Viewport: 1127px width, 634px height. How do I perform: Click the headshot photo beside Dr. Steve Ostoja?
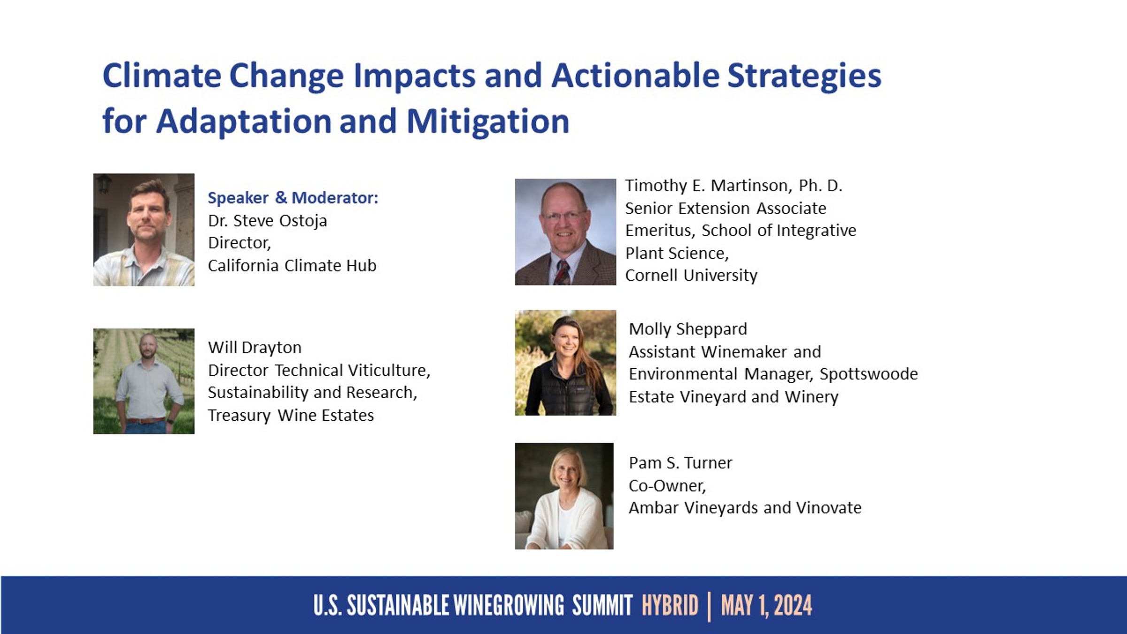tap(144, 230)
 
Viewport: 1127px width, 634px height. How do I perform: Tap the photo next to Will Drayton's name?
tap(144, 381)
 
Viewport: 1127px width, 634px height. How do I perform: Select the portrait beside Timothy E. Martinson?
tap(565, 232)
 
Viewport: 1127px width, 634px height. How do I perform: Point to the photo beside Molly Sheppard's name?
tap(565, 363)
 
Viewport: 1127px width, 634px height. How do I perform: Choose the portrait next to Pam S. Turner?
tap(564, 496)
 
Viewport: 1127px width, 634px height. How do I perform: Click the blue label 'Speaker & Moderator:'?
tap(293, 198)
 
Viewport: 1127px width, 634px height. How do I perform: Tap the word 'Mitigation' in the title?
tap(488, 121)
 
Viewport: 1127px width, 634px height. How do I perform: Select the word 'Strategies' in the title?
tap(804, 76)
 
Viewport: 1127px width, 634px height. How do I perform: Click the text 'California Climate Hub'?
tap(292, 265)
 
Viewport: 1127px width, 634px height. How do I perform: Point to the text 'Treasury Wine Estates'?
tap(291, 415)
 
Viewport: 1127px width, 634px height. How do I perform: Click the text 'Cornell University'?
tap(691, 275)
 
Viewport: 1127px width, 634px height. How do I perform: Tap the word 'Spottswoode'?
tap(869, 374)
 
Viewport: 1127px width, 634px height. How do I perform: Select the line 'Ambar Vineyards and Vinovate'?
tap(745, 508)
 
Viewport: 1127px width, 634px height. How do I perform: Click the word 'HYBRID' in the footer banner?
tap(670, 605)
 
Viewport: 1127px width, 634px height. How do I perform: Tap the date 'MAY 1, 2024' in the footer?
tap(766, 606)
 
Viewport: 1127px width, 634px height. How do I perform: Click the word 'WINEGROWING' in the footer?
tap(509, 605)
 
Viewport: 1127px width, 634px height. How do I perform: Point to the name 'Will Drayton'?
tap(255, 348)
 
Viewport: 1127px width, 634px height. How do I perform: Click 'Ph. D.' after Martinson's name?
tap(821, 186)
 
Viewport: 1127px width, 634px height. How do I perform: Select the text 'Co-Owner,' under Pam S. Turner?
tap(667, 486)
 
